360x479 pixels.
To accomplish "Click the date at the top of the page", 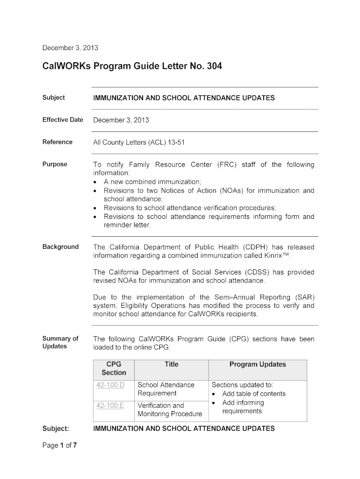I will pos(70,48).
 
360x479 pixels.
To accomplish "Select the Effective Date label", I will pos(63,120).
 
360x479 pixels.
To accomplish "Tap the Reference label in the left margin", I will pos(58,142).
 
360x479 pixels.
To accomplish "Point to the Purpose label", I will pos(55,164).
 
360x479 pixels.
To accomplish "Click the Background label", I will pos(60,247).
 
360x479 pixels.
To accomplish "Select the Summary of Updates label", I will pos(60,342).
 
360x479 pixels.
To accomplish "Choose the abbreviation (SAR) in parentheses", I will pos(304,298).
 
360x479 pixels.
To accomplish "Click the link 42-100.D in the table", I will pos(110,385).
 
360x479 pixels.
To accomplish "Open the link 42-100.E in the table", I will pos(110,406).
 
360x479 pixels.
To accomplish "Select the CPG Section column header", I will pos(114,369).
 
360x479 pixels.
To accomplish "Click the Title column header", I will pos(171,364).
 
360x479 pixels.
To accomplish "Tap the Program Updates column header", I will pos(258,364).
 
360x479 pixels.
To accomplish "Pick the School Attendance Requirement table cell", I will pos(166,389).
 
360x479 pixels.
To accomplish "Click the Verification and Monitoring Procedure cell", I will pos(169,410).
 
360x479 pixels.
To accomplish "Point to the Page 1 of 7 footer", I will pos(59,445).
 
